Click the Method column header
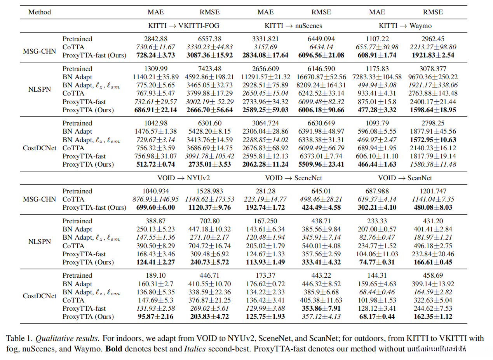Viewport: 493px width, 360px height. [x=40, y=12]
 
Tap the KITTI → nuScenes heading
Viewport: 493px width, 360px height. [x=293, y=26]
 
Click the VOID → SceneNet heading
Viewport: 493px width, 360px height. [x=293, y=178]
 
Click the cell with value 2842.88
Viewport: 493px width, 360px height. [x=155, y=39]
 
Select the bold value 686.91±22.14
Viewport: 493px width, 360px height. [x=155, y=110]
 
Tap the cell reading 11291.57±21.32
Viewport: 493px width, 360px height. [x=265, y=77]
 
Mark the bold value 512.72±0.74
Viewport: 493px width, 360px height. [x=155, y=164]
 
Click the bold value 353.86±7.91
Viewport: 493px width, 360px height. [x=321, y=308]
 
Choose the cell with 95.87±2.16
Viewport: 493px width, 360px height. [x=155, y=317]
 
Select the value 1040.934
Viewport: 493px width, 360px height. [x=155, y=191]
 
